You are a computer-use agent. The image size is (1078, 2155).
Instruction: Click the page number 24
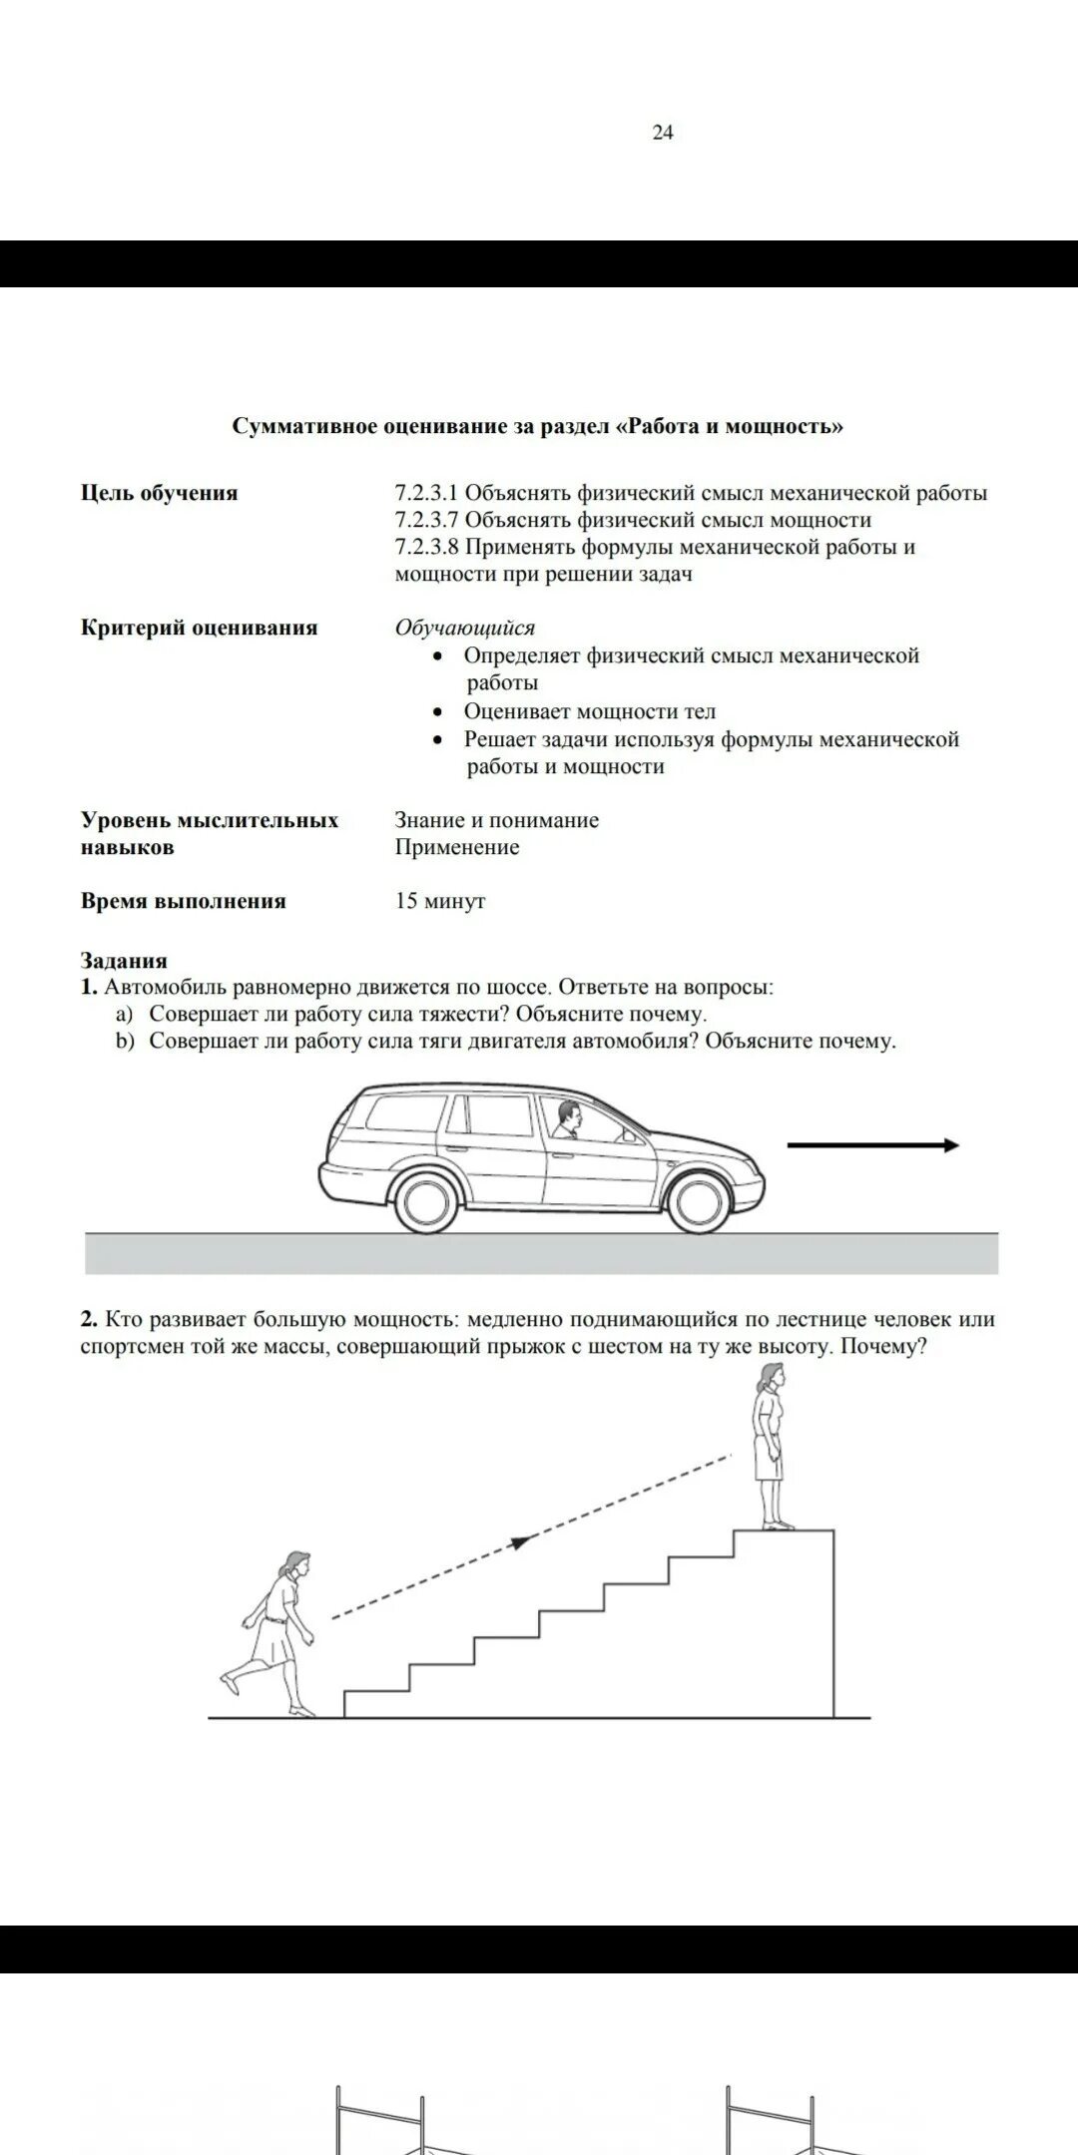coord(663,133)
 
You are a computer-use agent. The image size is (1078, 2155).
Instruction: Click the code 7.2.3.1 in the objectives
coord(426,493)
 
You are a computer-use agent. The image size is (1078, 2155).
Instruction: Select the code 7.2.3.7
coord(426,520)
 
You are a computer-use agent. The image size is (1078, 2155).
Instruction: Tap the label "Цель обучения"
coord(160,493)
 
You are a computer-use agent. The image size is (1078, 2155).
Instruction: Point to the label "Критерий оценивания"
coord(200,628)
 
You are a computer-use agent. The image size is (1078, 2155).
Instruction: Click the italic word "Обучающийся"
coord(465,628)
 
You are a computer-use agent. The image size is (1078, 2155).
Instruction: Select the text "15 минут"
coord(440,901)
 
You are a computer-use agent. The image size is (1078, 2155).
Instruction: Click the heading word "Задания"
coord(124,961)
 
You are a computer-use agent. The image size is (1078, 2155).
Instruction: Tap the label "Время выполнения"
coord(184,901)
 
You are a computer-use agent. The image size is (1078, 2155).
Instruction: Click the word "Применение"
coord(457,847)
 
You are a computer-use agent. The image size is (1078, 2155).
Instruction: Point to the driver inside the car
coord(567,1119)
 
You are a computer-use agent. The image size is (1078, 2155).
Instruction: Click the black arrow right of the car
coord(873,1145)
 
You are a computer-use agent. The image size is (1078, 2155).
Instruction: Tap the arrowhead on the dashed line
coord(519,1542)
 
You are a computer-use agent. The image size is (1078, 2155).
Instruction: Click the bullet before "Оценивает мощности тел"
coord(438,712)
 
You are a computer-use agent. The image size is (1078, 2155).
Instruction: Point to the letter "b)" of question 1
coord(124,1042)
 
